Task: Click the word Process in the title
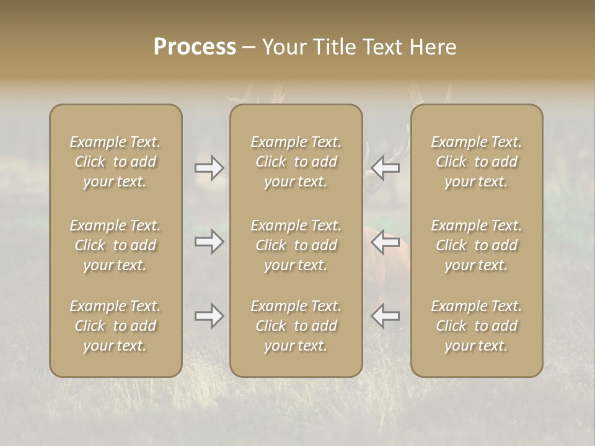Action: [195, 47]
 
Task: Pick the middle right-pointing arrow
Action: [209, 241]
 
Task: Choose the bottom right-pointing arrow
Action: [209, 316]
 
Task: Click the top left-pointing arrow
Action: [385, 168]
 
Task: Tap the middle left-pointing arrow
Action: [385, 241]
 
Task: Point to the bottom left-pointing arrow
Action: [385, 316]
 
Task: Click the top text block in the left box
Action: [115, 162]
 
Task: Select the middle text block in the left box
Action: [115, 245]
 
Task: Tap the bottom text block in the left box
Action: [115, 326]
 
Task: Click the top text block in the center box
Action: [296, 162]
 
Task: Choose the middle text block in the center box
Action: [296, 245]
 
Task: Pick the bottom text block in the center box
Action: [296, 326]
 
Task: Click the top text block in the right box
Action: [476, 162]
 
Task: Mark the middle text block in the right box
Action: [476, 245]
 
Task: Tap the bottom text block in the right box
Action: [476, 326]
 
